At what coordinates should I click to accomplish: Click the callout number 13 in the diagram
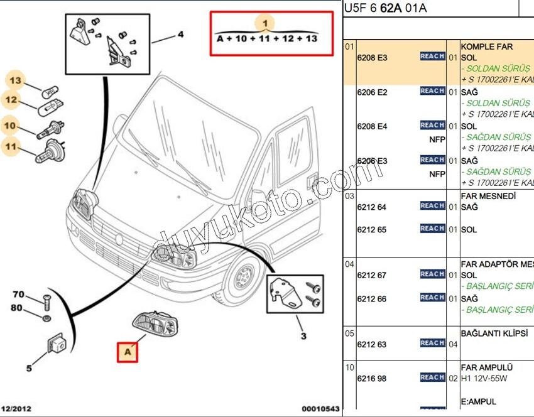[14, 80]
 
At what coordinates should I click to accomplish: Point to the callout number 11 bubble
[11, 148]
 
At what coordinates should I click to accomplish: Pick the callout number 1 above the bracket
[266, 23]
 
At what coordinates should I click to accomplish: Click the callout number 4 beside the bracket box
[180, 35]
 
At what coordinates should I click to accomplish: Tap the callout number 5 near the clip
[29, 368]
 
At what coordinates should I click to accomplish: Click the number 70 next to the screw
[18, 295]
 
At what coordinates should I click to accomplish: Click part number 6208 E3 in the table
[372, 58]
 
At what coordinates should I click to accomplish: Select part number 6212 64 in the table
[371, 207]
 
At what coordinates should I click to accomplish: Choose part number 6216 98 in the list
[371, 379]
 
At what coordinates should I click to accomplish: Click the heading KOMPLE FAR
[487, 46]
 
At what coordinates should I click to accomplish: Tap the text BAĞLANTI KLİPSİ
[494, 333]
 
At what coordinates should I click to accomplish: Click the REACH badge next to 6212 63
[432, 343]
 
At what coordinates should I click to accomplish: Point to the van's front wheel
[241, 278]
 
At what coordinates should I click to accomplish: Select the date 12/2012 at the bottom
[16, 409]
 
